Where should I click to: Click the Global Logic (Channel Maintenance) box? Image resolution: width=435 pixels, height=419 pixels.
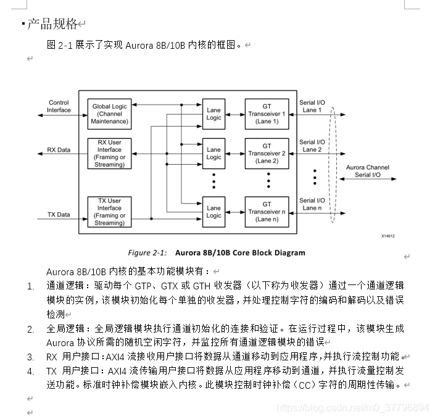pos(110,114)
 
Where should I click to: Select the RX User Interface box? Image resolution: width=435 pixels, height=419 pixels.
pos(110,153)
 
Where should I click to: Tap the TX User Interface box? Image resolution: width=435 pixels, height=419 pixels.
pos(110,212)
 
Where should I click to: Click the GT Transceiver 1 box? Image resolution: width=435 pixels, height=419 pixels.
pos(267,114)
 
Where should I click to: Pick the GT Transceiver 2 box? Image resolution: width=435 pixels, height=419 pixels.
pos(267,153)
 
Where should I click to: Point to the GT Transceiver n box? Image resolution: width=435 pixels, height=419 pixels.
pos(267,212)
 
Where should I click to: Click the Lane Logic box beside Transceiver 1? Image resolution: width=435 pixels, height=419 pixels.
pos(214,114)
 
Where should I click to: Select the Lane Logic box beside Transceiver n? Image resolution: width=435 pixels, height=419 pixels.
pos(214,212)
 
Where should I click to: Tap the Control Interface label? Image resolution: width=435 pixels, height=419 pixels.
pos(59,106)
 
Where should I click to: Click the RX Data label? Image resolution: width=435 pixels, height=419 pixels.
pos(59,150)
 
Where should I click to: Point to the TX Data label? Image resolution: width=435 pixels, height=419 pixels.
pos(59,215)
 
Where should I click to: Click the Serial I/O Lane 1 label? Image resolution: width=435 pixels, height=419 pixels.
pos(312,106)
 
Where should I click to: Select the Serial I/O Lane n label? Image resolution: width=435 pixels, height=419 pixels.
pos(312,204)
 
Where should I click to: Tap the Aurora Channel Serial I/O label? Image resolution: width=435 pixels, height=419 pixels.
pos(368,171)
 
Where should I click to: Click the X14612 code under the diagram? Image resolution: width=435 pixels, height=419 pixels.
pos(387,236)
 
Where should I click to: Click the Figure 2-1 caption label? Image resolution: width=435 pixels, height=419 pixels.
pos(147,252)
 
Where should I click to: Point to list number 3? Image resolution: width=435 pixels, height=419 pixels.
pos(31,357)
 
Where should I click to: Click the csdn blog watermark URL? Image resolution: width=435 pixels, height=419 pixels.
pos(353,408)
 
